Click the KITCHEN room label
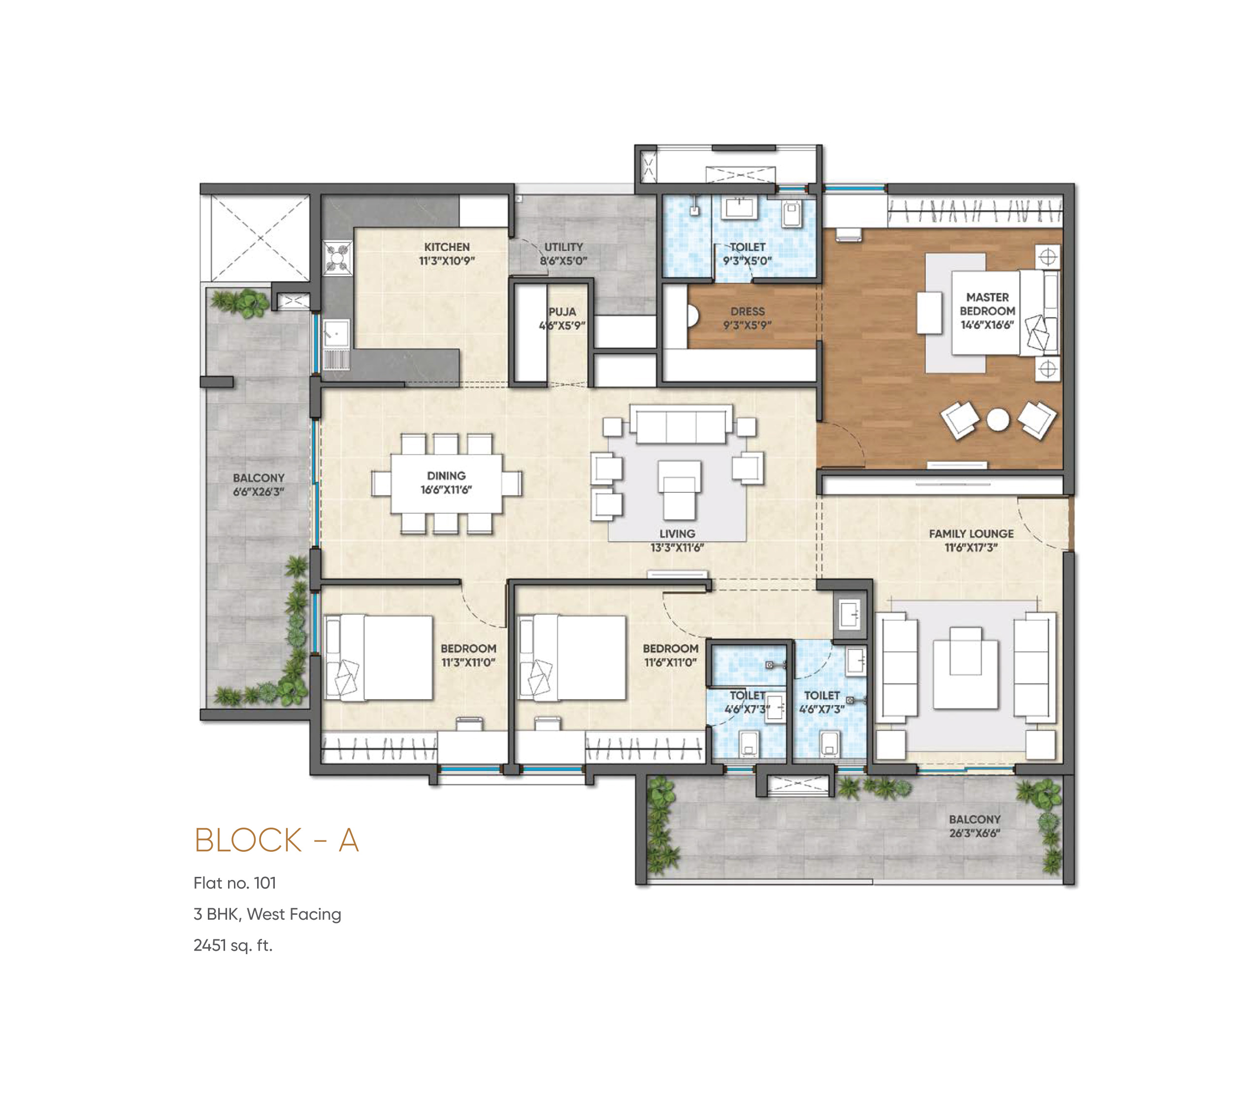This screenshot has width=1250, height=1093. pos(447,247)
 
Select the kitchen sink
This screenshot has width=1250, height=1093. pos(335,334)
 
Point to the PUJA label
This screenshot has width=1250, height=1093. pos(562,312)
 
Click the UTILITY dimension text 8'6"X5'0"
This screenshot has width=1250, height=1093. pos(563,261)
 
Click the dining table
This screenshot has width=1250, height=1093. pos(447,483)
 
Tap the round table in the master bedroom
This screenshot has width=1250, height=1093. pos(997,419)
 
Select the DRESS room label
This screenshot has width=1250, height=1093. pos(747,312)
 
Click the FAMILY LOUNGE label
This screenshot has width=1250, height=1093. pos(971,534)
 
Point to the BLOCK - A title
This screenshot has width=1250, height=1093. pos(276,840)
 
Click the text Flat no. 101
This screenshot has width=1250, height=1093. pos(235,883)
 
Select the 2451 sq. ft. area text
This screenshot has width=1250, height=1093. pos(233,945)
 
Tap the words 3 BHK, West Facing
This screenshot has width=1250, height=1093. pos(267,914)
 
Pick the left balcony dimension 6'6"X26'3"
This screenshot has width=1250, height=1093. pos(259,492)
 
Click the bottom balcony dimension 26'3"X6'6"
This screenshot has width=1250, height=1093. pos(974,833)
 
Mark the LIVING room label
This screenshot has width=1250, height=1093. pos(677,534)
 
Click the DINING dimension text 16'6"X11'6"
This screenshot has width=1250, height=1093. pos(446,490)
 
